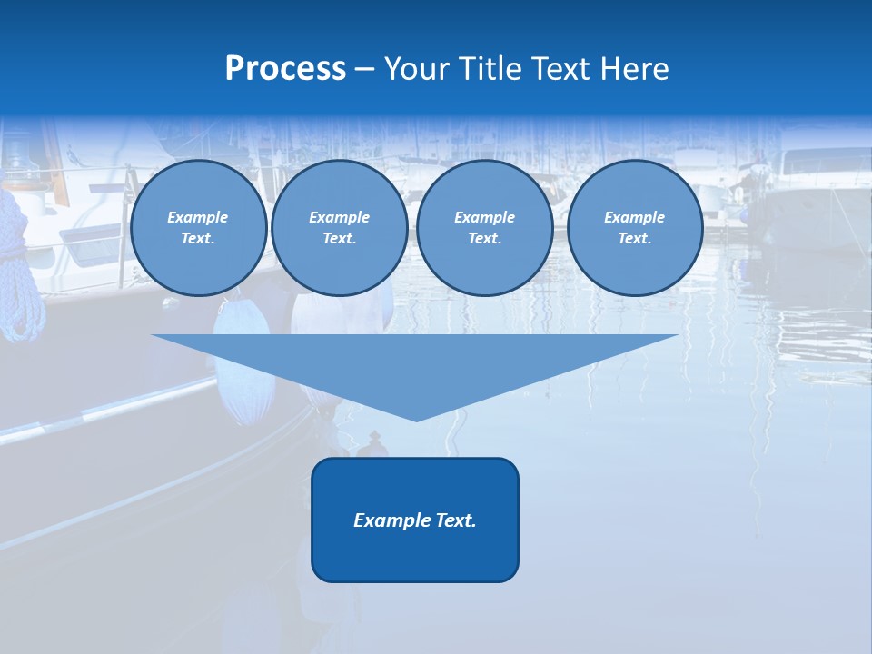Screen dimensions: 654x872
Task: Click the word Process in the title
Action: pyautogui.click(x=285, y=69)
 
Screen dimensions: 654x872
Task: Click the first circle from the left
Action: pyautogui.click(x=198, y=228)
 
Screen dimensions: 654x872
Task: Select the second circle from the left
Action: pyautogui.click(x=339, y=228)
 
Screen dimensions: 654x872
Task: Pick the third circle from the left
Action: pyautogui.click(x=484, y=228)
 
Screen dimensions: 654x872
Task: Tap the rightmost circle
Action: pyautogui.click(x=634, y=228)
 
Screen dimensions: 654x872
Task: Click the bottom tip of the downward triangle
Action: pyautogui.click(x=416, y=420)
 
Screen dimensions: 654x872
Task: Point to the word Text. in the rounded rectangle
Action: pyautogui.click(x=457, y=520)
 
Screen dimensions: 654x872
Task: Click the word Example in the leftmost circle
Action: pyautogui.click(x=198, y=217)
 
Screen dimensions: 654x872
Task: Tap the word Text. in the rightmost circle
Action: pyautogui.click(x=634, y=239)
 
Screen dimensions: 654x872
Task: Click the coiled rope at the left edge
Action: pyautogui.click(x=22, y=272)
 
